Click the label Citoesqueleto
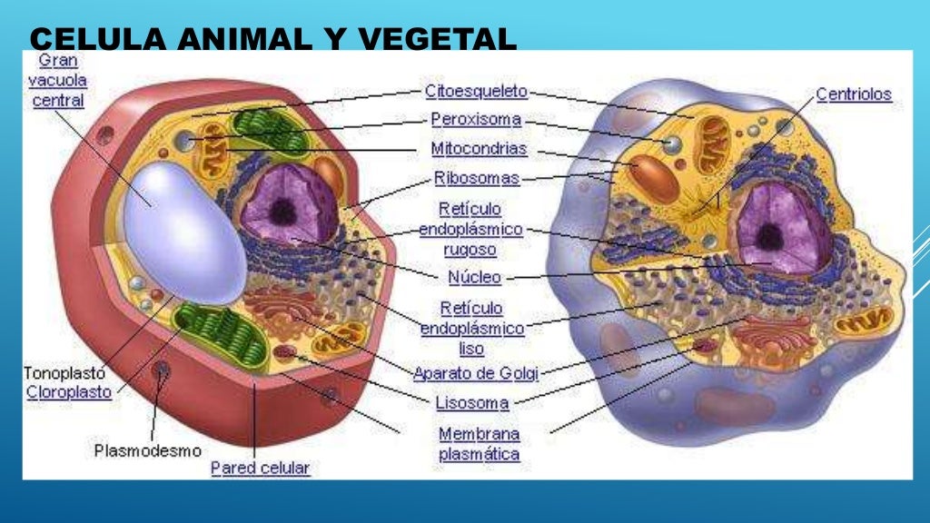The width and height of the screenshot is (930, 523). [x=476, y=92]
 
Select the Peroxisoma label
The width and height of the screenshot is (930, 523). [x=476, y=120]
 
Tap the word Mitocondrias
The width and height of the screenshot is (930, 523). [x=479, y=148]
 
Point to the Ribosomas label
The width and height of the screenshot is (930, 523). [x=476, y=178]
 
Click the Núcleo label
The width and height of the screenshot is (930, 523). [x=474, y=277]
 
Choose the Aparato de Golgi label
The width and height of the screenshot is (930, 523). [x=476, y=373]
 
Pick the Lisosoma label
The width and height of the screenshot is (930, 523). [x=472, y=403]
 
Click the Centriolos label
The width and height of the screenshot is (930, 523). [x=854, y=94]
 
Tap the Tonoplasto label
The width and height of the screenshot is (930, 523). [x=64, y=373]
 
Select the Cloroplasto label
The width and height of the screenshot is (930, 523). [x=69, y=392]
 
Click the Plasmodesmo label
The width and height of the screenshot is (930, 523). [x=148, y=450]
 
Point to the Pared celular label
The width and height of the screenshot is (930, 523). [x=261, y=468]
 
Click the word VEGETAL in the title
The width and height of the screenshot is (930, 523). [x=438, y=39]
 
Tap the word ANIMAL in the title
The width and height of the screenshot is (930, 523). [x=244, y=39]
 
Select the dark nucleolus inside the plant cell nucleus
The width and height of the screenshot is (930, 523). [x=283, y=212]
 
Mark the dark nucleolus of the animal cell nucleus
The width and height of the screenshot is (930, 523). [x=770, y=237]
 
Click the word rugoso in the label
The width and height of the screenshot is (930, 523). [x=470, y=250]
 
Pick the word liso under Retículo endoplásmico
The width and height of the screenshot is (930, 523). [x=471, y=349]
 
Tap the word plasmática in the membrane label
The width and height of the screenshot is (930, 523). [x=480, y=455]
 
